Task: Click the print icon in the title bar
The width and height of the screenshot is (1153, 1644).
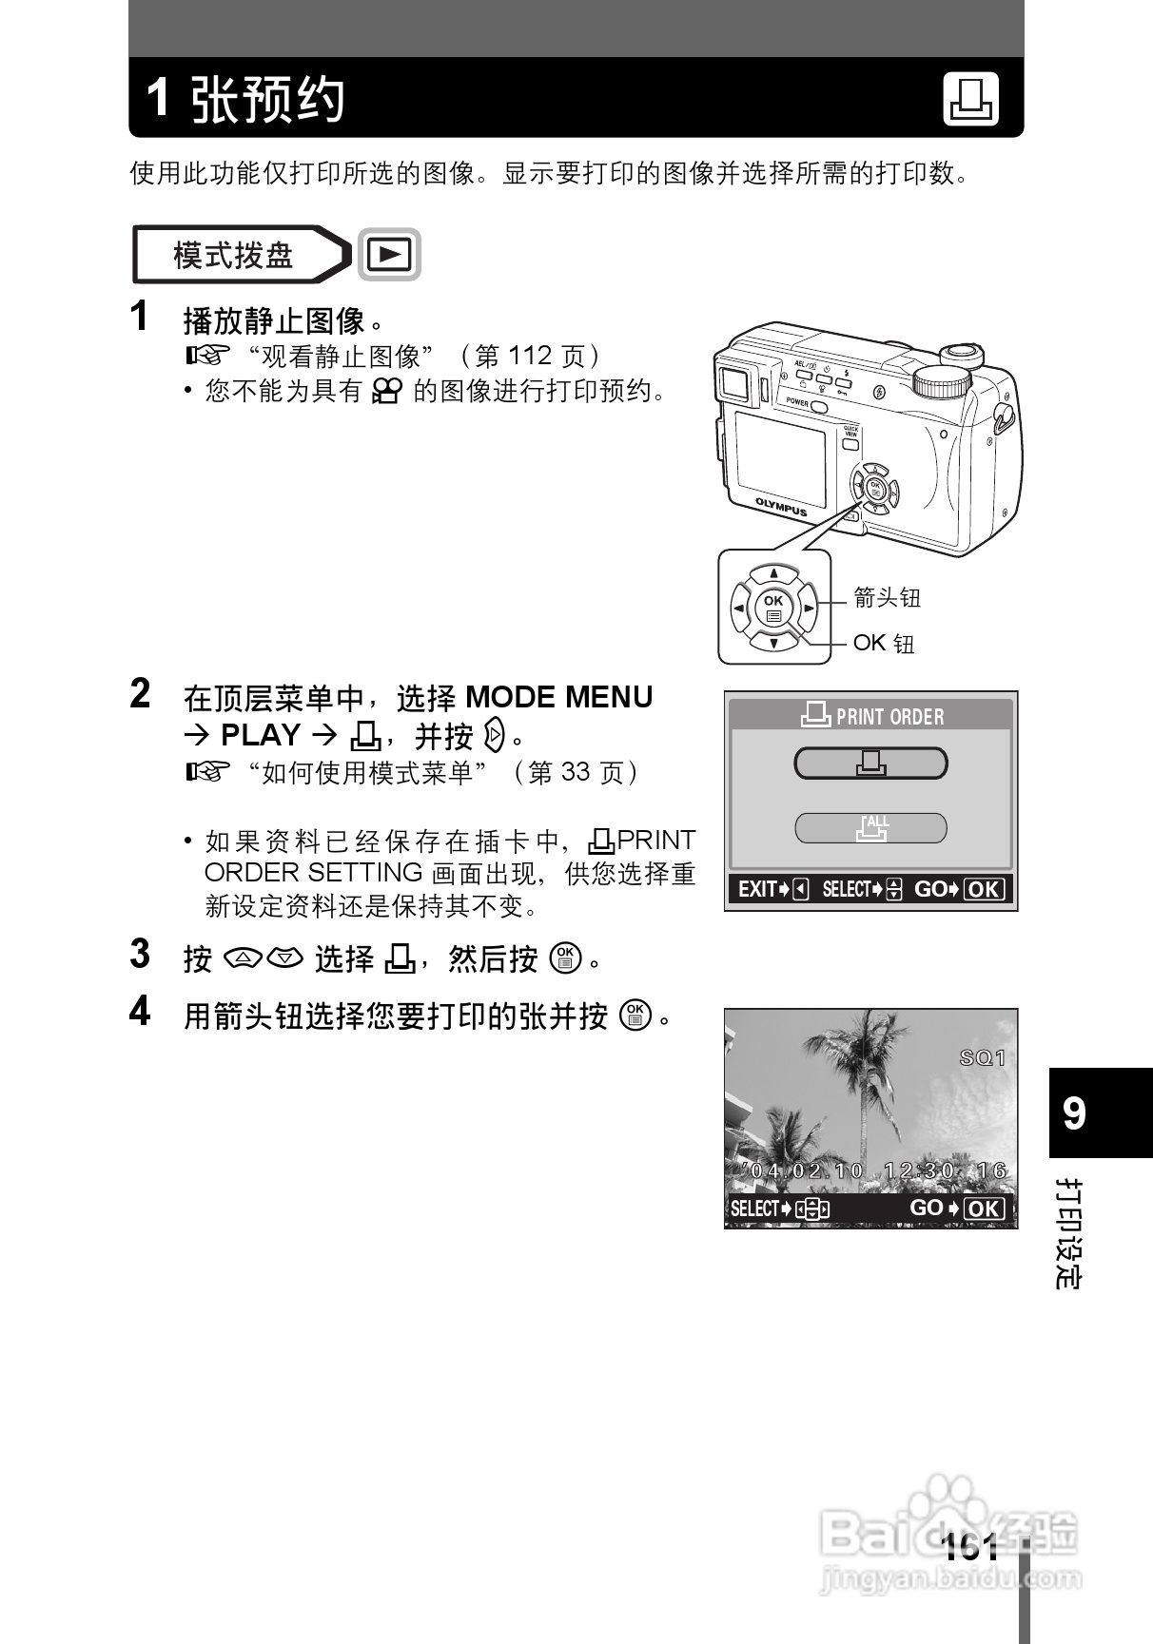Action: point(970,99)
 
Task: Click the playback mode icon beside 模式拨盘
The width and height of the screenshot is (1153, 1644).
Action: point(389,255)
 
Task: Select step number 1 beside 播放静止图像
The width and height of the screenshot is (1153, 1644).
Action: point(140,317)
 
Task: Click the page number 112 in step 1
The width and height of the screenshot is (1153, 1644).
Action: point(530,356)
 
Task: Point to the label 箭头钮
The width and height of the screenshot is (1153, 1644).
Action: point(887,598)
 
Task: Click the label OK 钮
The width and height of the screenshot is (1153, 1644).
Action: point(884,644)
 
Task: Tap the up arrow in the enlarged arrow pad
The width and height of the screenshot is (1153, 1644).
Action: point(773,573)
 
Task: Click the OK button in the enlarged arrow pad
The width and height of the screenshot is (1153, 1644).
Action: point(773,608)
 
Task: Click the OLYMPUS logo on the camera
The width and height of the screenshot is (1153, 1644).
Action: point(780,506)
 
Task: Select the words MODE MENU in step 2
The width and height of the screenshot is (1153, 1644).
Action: point(558,697)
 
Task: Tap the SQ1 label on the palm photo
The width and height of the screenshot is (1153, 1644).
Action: point(982,1057)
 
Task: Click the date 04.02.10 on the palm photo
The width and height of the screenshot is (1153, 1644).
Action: point(807,1170)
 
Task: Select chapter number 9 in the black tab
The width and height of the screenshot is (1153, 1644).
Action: point(1074,1112)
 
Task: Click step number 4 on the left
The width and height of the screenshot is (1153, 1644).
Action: point(140,1012)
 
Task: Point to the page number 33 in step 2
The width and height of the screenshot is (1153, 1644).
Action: point(574,772)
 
